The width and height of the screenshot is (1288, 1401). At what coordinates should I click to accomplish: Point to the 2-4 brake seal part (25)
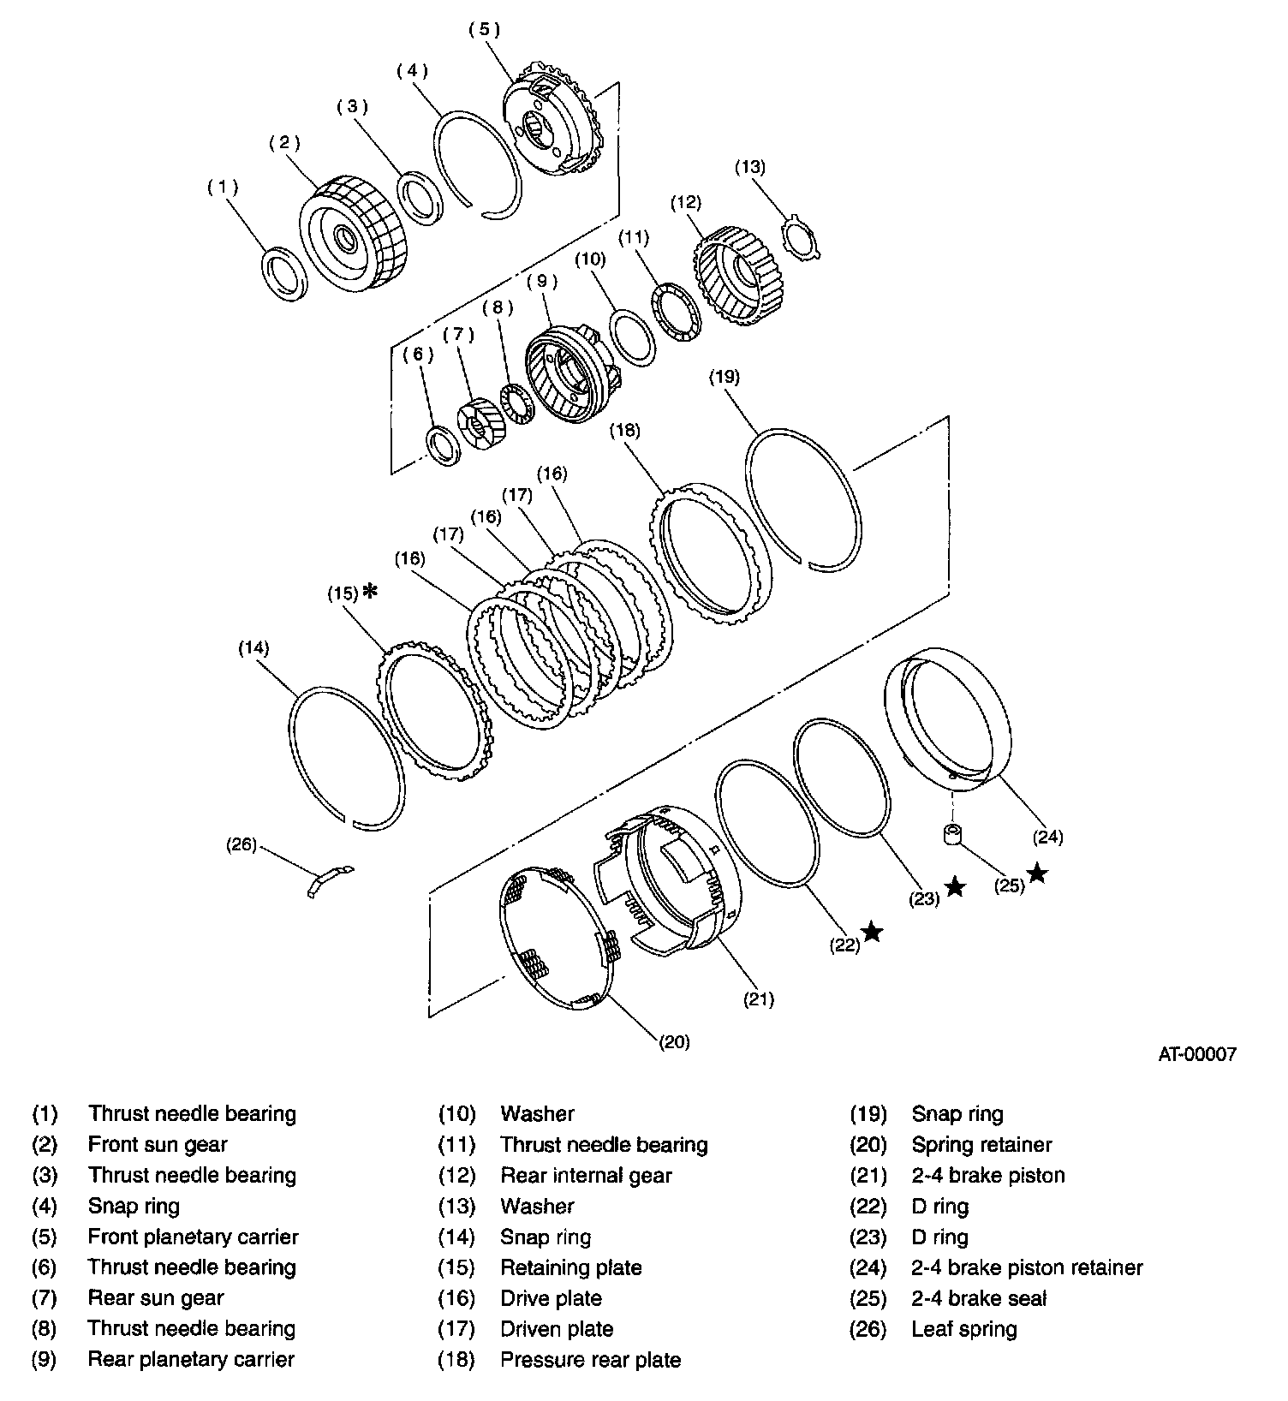click(951, 836)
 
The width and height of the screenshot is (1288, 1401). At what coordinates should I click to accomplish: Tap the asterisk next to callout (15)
click(370, 591)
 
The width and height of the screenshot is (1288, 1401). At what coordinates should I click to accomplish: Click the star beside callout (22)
click(872, 932)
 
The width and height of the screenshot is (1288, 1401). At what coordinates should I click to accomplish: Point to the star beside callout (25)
click(1037, 873)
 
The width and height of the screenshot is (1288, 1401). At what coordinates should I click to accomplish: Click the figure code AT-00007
click(1197, 1055)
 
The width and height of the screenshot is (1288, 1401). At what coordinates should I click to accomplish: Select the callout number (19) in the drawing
click(724, 377)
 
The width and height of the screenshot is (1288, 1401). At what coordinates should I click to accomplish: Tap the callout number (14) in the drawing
click(253, 648)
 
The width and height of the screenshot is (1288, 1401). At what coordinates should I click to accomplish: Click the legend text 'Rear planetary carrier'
click(191, 1359)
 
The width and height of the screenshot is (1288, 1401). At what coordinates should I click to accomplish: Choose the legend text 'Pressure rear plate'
click(590, 1359)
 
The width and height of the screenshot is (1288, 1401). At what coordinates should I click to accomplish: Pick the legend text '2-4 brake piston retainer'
click(1027, 1267)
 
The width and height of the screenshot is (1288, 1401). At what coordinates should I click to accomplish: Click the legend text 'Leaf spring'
click(964, 1329)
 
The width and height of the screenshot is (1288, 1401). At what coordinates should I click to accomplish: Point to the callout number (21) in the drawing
click(758, 999)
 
